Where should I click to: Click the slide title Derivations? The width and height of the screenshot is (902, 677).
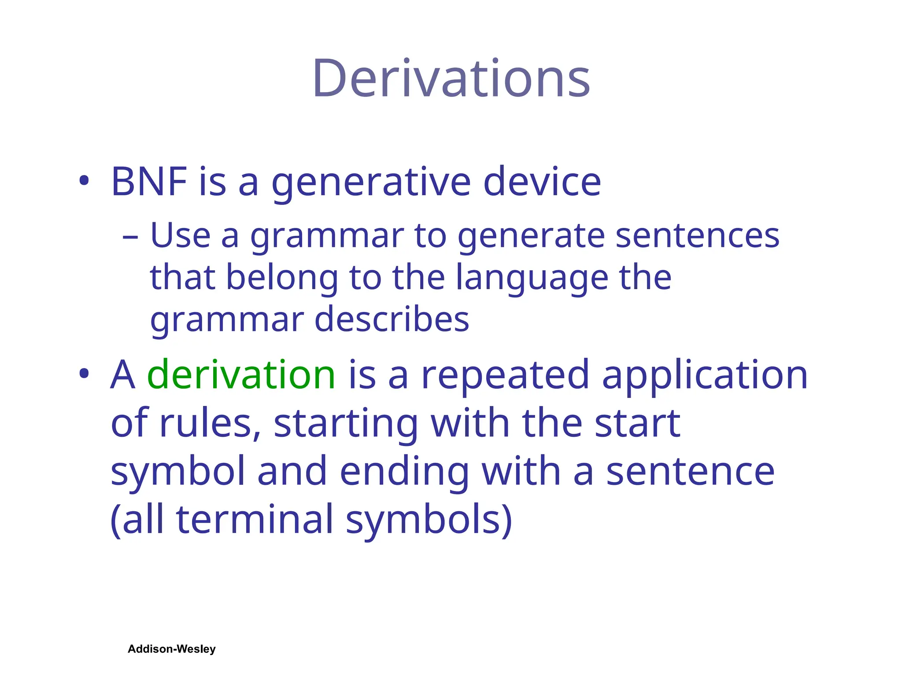tap(451, 79)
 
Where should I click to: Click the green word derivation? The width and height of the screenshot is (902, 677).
tap(241, 375)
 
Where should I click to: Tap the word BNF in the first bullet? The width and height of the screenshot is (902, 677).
tap(149, 182)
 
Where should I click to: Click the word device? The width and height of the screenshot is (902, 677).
tap(542, 182)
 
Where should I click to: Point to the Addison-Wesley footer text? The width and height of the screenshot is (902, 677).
tap(171, 649)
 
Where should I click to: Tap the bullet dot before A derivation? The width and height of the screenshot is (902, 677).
tap(84, 374)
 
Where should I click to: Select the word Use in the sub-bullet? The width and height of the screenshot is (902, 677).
tap(181, 235)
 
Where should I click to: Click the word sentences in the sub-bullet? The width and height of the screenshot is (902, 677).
tap(697, 236)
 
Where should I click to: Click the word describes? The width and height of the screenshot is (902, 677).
tap(392, 320)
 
